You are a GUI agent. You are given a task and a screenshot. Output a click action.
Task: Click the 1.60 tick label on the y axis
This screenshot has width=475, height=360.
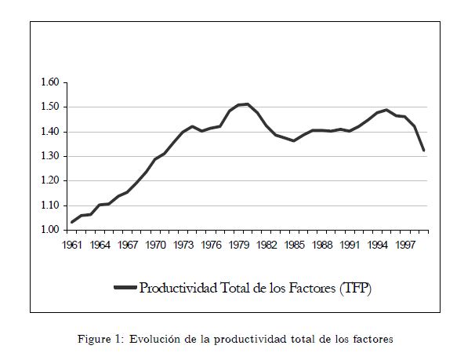point(49,82)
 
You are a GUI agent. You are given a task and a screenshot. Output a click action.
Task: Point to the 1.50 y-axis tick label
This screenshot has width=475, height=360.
point(49,107)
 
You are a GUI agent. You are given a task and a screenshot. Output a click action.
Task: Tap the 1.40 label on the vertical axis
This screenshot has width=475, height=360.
point(49,132)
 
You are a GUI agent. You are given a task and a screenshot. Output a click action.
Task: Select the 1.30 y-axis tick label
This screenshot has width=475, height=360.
point(49,156)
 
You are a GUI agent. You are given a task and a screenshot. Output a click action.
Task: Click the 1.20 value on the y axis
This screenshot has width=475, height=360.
point(49,180)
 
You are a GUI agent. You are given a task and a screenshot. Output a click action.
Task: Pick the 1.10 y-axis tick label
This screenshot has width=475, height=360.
point(49,205)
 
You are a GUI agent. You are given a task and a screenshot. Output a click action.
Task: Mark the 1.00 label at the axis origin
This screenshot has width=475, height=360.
point(49,230)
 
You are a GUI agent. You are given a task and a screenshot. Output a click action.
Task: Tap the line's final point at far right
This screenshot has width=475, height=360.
point(424,150)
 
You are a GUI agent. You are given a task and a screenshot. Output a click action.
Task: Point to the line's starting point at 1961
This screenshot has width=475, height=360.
point(72,222)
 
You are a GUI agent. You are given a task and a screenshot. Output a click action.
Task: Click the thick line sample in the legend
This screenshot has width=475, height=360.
point(125,288)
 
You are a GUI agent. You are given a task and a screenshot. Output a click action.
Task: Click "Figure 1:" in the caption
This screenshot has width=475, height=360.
point(100,339)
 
